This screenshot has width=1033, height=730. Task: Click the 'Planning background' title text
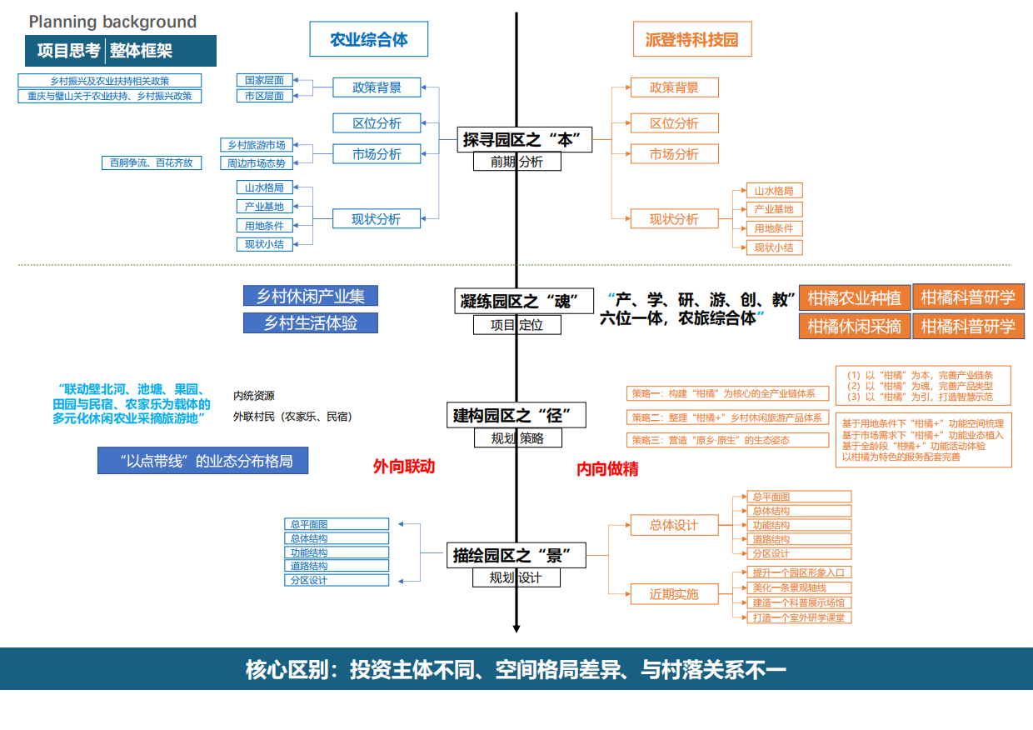click(112, 22)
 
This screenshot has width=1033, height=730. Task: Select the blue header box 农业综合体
click(369, 39)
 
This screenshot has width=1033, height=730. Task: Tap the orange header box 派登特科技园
click(691, 39)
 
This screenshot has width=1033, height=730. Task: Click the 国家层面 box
click(264, 80)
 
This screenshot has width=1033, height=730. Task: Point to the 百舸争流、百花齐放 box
click(152, 163)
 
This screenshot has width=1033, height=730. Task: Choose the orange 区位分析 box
click(674, 123)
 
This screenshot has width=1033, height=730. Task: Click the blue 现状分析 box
click(376, 219)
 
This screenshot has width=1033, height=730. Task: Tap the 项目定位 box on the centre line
click(516, 325)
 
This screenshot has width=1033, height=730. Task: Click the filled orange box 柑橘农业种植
click(854, 298)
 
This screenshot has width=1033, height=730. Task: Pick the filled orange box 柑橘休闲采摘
click(854, 326)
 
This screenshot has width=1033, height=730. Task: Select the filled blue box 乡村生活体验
click(310, 323)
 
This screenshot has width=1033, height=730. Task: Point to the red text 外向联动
click(404, 467)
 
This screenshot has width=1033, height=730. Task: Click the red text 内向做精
click(607, 469)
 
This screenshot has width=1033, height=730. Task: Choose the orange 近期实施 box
click(674, 594)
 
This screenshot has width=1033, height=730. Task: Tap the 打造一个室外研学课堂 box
click(798, 617)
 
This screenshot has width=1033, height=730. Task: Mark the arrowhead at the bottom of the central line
click(516, 628)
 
